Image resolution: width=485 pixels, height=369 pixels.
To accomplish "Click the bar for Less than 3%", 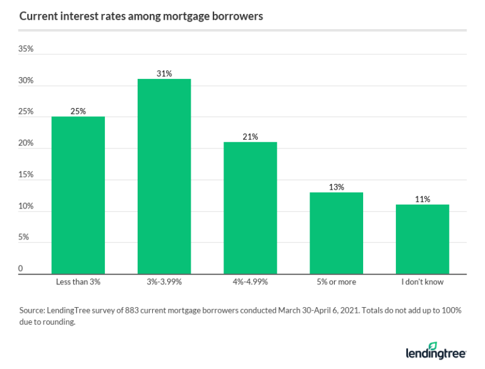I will tap(78, 195).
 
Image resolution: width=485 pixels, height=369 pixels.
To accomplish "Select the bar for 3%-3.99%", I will tap(164, 176).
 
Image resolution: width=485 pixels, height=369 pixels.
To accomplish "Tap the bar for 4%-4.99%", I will tap(250, 208).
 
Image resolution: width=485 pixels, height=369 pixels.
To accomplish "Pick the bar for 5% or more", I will tap(336, 233).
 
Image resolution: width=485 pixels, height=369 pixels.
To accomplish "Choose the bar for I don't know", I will tap(422, 239).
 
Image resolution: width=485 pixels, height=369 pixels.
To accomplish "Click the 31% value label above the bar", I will tap(164, 73).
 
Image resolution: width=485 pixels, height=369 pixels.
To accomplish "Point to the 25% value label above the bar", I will tap(78, 111).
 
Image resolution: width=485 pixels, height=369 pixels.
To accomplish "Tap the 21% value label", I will tap(250, 136).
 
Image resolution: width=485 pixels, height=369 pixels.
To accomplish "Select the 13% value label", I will tap(336, 187).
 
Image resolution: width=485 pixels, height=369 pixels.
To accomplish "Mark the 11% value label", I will tap(422, 200).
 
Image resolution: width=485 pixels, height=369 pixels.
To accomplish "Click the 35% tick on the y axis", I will tap(26, 49).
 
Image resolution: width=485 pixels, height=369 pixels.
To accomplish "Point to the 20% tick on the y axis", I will tap(26, 143).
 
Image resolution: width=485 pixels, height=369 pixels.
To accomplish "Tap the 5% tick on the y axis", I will tap(23, 237).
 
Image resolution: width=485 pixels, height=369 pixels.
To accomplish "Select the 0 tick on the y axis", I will tap(21, 269).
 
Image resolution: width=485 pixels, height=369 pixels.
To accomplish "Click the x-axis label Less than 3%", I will tap(78, 282).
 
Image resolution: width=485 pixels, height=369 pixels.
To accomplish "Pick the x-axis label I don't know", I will tap(422, 282).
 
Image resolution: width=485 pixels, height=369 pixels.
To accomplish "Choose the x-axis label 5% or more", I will tap(336, 282).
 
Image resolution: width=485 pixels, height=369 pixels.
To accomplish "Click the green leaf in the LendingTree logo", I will tap(433, 346).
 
